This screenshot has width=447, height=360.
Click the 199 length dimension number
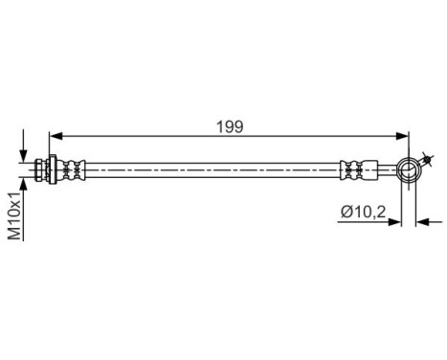pos(230,125)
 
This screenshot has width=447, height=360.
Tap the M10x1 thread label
pos(14,216)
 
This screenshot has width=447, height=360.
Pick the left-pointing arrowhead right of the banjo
pos(421,222)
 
